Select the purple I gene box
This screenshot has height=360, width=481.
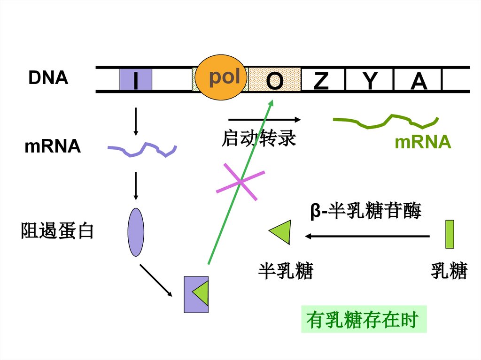pos(135,79)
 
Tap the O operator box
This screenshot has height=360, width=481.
pos(274,80)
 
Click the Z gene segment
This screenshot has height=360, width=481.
pos(321,80)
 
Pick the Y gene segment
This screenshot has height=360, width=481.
pos(370,80)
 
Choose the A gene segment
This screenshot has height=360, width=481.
pos(418,80)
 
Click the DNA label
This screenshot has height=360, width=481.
pos(48,78)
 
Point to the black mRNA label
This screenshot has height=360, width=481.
pos(52,146)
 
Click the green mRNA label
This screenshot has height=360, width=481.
pos(423,142)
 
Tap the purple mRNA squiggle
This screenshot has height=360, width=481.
pos(142,150)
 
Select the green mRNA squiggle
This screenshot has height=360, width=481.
pos(386,121)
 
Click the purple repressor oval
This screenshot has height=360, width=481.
pos(136,232)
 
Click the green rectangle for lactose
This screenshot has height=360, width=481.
pos(449,233)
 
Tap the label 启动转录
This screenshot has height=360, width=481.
pos(258,138)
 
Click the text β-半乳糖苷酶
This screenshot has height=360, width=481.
pos(365,211)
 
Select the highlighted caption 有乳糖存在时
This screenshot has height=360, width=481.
pos(363,320)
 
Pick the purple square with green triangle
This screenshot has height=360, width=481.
pos(196,294)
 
